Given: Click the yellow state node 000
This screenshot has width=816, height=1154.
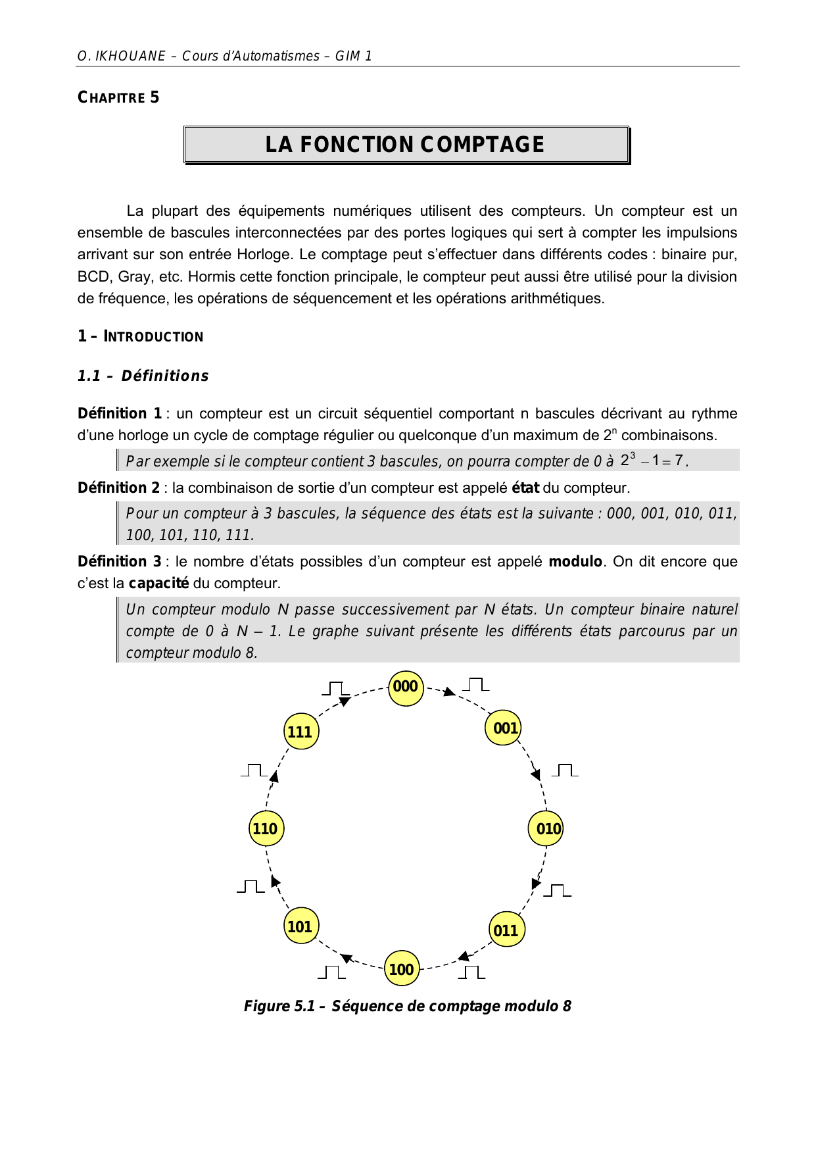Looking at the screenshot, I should click(x=406, y=688).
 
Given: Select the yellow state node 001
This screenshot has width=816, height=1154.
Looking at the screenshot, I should click(x=503, y=728).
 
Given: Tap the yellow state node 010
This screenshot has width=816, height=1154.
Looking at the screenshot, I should click(x=546, y=829).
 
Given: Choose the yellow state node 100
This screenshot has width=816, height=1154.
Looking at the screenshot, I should click(x=402, y=969).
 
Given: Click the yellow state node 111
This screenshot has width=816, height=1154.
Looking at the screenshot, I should click(x=301, y=732).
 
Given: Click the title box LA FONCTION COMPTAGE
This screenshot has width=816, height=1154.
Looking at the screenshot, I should click(x=406, y=145).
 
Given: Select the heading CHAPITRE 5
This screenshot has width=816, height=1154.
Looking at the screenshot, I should click(x=118, y=98).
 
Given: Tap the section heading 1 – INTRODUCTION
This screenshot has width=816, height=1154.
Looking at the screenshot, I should click(x=140, y=337).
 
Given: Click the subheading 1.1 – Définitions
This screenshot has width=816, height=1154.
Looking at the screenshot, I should click(x=143, y=376).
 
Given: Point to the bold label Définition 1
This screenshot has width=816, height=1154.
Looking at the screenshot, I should click(x=120, y=414).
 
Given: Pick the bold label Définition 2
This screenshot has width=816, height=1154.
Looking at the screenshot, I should click(x=118, y=488).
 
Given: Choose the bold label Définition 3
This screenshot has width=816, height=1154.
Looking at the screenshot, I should click(x=119, y=562).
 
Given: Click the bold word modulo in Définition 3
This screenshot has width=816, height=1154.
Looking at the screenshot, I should click(x=575, y=562).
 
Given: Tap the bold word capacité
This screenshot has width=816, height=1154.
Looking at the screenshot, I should click(x=158, y=584).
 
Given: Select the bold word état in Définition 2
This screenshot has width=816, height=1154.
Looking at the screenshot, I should click(x=525, y=488).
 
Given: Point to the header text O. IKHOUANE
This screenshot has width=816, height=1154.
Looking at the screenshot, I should click(x=122, y=56).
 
